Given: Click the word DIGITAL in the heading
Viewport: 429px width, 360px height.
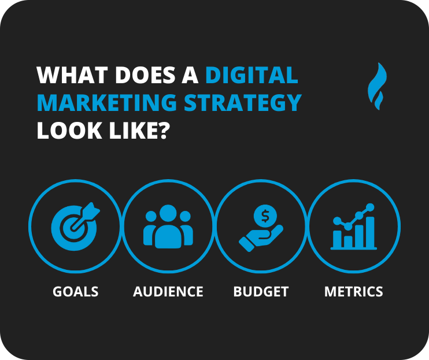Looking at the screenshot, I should click(252, 75).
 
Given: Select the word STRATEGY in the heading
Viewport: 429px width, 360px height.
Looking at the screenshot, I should click(243, 103).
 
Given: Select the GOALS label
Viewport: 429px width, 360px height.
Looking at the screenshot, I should click(75, 291).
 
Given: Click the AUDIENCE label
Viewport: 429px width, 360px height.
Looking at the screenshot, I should click(168, 291).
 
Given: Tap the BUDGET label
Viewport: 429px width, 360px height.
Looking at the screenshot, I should click(261, 291).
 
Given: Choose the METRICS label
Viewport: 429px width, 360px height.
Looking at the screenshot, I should click(353, 291).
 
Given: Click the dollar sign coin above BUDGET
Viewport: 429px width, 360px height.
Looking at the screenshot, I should click(265, 216).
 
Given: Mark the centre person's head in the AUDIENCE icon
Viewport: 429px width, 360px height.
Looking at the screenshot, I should click(168, 213).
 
